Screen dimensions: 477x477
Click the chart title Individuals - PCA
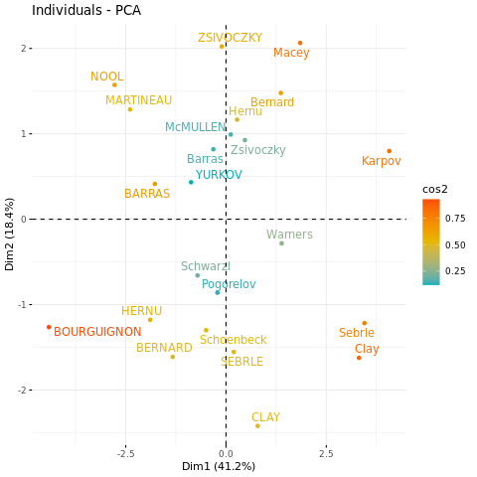click(86, 10)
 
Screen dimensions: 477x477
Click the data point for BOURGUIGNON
click(49, 327)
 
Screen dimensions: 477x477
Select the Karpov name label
click(382, 161)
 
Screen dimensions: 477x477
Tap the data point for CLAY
click(257, 426)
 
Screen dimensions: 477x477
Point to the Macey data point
click(300, 43)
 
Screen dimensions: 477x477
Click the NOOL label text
click(107, 77)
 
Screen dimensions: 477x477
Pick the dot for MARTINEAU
click(130, 109)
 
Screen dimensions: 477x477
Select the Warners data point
click(281, 243)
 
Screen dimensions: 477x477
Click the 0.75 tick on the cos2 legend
click(455, 219)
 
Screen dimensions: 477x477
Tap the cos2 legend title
click(435, 189)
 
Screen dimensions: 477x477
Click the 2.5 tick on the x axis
click(326, 453)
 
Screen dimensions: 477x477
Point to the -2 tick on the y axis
click(22, 391)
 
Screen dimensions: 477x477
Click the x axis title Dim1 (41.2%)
click(219, 466)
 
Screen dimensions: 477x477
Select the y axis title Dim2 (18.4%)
click(9, 235)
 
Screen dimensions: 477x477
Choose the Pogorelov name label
click(229, 284)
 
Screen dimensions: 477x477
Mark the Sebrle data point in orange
click(365, 323)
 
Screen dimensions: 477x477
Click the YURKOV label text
click(219, 175)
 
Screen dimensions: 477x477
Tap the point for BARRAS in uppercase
click(155, 184)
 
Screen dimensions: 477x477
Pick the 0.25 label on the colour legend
click(455, 271)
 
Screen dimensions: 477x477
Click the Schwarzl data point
click(198, 275)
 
